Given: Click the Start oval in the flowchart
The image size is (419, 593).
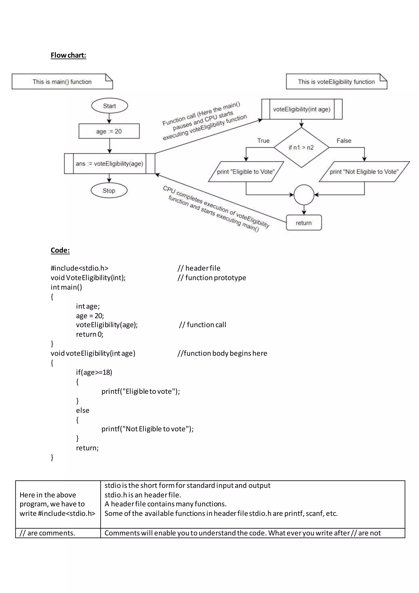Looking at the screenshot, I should tap(109, 106).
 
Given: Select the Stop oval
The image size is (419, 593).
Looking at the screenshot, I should tap(109, 191).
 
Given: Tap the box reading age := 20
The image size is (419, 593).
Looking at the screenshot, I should tap(109, 131).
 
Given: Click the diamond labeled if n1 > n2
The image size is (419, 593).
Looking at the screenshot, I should tap(301, 147).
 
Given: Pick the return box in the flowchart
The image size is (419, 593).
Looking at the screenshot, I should tap(304, 223).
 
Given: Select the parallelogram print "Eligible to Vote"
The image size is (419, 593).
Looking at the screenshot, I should tap(246, 172).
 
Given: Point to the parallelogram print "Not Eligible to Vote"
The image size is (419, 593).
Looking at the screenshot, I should tap(364, 172).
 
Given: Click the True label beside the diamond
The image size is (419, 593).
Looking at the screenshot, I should tap(263, 141).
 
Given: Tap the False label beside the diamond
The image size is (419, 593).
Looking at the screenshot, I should tap(344, 141).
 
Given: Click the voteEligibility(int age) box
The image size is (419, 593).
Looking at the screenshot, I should tap(302, 109).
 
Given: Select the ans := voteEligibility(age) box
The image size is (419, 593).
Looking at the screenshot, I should tap(109, 163).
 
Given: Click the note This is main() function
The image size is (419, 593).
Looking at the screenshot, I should tap(62, 82).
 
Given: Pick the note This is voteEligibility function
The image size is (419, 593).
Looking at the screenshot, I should tap(336, 82).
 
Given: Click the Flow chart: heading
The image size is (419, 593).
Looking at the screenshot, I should tap(68, 55).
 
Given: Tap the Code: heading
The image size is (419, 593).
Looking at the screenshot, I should tap(60, 250).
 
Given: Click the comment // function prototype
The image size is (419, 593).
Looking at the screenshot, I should tap(212, 278).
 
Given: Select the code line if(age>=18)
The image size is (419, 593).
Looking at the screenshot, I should tap(94, 372).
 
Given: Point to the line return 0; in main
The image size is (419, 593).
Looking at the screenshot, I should tap(90, 334).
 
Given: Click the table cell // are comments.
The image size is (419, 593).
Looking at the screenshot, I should tap(47, 533).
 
